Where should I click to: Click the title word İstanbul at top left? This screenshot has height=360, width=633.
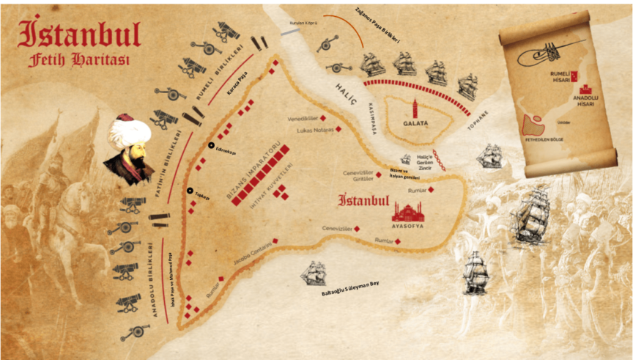point(79,32)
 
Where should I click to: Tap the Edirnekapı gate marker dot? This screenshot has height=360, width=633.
point(211,145)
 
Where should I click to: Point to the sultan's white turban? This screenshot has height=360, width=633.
point(129,132)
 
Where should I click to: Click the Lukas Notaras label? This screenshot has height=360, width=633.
point(315,129)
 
